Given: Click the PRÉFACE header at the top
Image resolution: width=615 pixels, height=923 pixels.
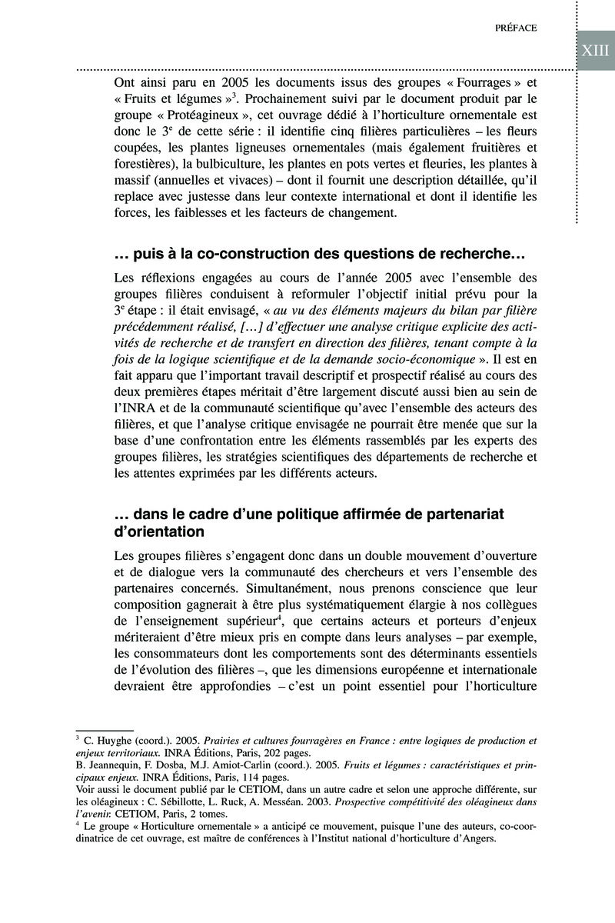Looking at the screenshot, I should tap(516, 28).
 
